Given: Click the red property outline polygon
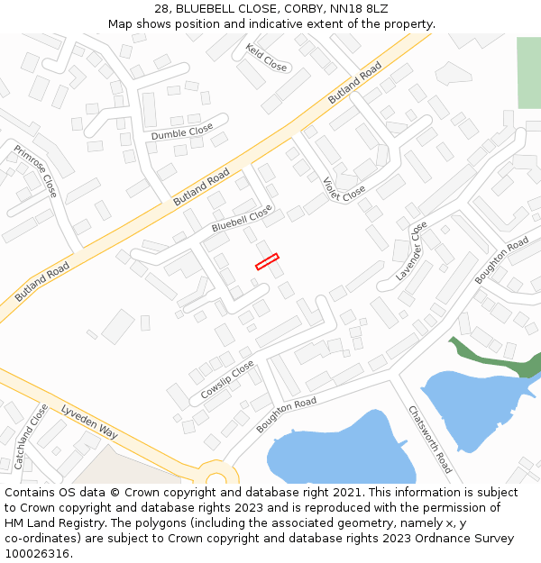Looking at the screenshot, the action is (x=267, y=261).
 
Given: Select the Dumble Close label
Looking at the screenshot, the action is (x=182, y=132).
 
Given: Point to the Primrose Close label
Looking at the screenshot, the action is (x=35, y=172).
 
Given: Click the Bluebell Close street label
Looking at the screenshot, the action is (x=242, y=218).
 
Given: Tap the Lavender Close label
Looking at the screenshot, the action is (x=411, y=251).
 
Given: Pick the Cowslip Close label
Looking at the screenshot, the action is (x=227, y=380).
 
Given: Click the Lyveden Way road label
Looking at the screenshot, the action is (x=89, y=422).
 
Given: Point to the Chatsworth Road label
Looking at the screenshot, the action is (x=430, y=440).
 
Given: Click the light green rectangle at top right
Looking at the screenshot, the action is (x=528, y=73).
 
